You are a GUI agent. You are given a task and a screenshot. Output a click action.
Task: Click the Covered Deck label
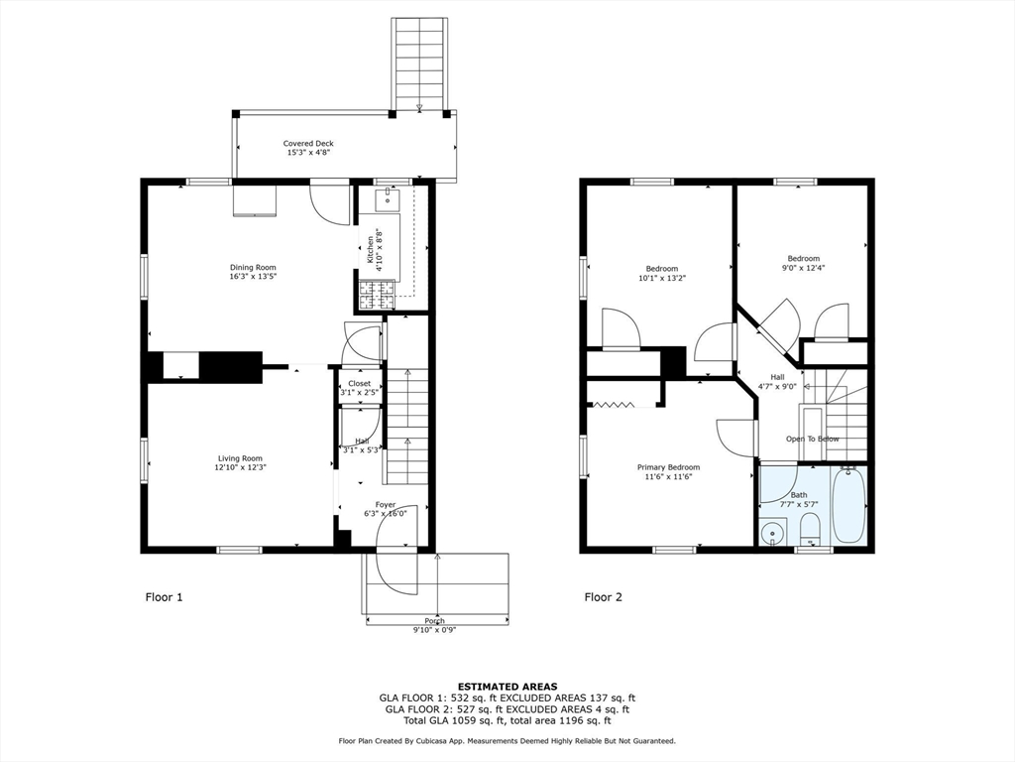click(x=308, y=144)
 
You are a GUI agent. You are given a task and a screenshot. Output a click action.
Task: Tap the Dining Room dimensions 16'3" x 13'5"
click(x=253, y=278)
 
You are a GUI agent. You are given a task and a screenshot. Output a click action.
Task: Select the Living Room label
click(x=241, y=458)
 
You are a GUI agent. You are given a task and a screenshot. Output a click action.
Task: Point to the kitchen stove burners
click(x=371, y=294)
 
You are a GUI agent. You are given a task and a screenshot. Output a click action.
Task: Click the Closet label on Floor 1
click(x=359, y=383)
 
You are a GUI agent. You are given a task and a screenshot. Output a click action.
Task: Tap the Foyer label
click(x=385, y=504)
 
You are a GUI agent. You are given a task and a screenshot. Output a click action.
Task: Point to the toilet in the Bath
click(x=810, y=527)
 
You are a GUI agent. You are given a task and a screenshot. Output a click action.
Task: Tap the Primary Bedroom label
click(x=668, y=467)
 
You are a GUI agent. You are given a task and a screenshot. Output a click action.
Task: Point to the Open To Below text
click(x=813, y=439)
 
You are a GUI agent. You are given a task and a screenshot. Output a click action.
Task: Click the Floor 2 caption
click(x=604, y=597)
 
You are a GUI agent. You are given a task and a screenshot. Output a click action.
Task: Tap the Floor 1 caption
click(x=164, y=597)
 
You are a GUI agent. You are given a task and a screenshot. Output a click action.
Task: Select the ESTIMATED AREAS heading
click(x=507, y=686)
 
